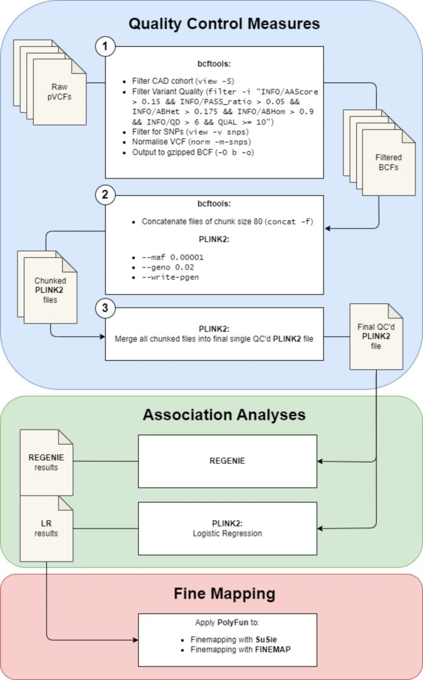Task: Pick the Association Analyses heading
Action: coord(224,415)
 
